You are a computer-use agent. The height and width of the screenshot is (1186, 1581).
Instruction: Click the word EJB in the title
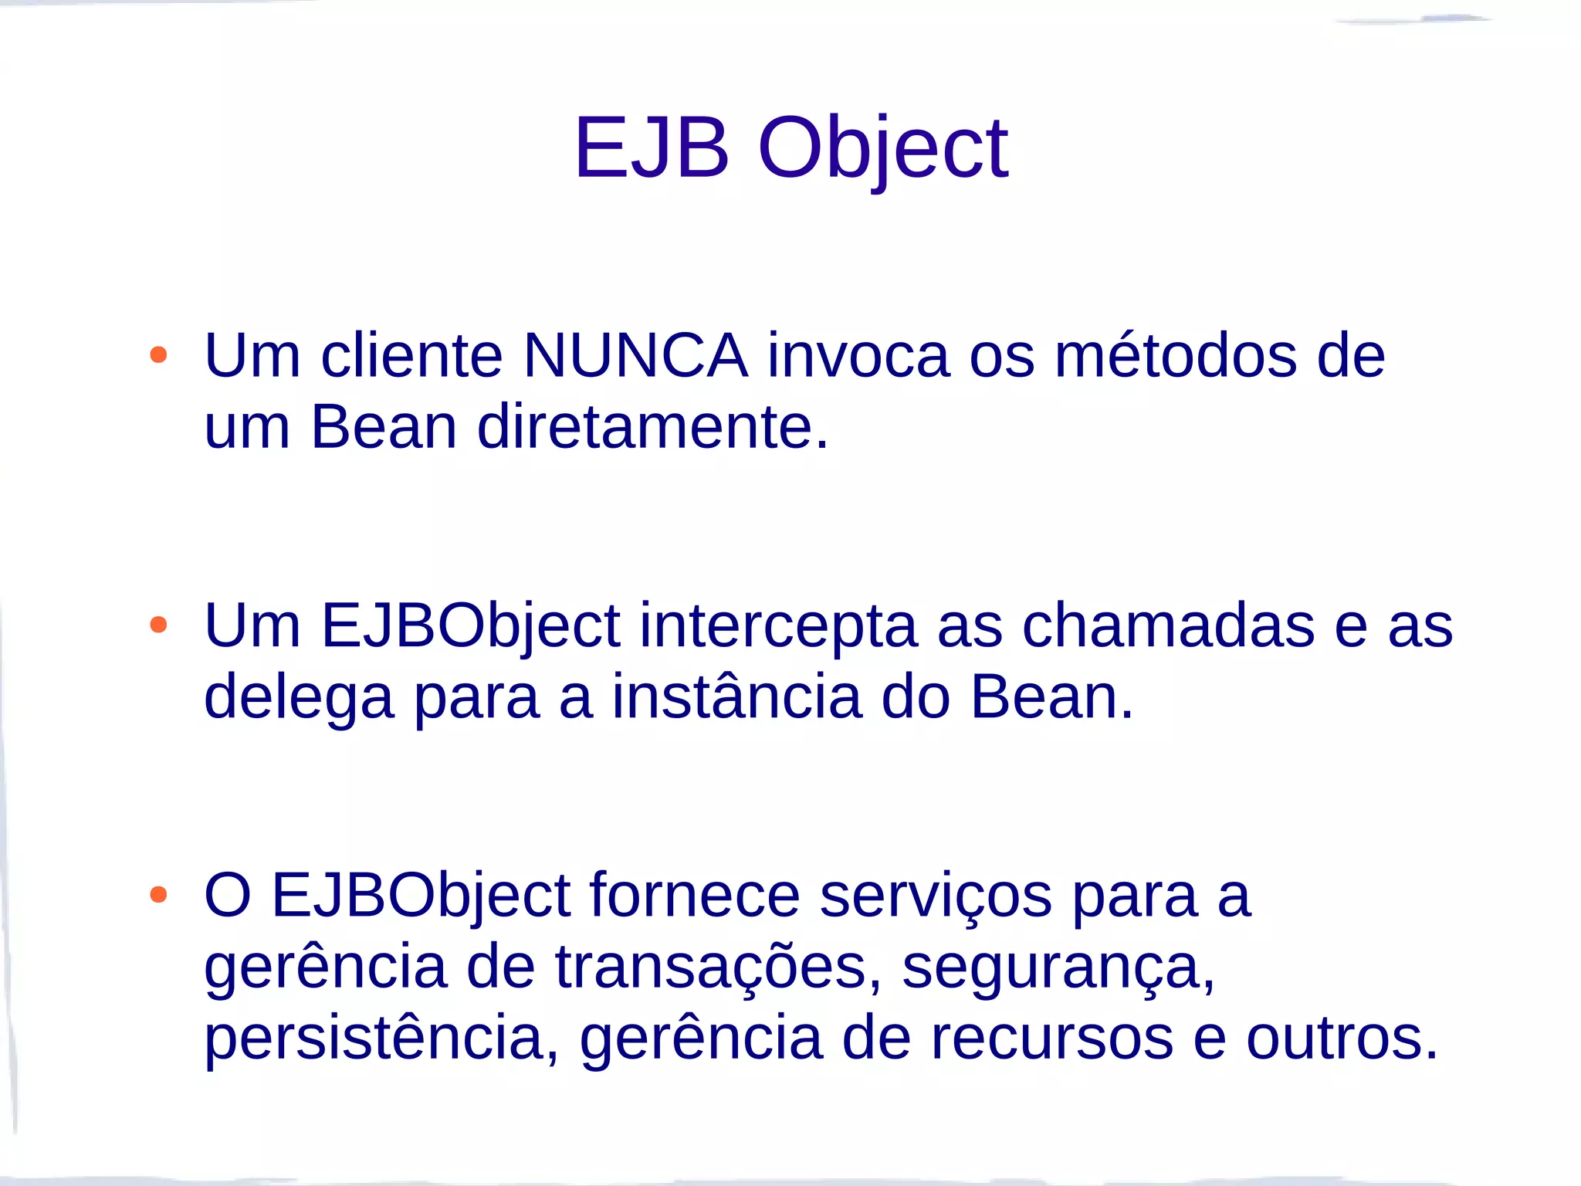(x=652, y=147)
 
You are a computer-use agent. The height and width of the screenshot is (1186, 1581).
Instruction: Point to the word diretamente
(x=652, y=427)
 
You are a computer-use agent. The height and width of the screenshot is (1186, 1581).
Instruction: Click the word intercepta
(x=778, y=625)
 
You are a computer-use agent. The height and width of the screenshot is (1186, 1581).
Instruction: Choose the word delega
(x=299, y=697)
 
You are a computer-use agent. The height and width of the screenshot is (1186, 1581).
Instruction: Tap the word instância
(x=736, y=697)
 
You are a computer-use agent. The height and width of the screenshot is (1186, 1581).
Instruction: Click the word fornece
(x=695, y=896)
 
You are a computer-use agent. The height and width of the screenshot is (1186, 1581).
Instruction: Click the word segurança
(x=1058, y=967)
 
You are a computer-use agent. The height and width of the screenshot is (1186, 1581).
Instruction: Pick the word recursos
(x=1051, y=1039)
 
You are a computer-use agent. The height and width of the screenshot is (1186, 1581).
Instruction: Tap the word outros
(x=1342, y=1039)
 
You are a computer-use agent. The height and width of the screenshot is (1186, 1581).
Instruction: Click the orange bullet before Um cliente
(x=158, y=355)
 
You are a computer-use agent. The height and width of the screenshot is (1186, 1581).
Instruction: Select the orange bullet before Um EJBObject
(x=158, y=625)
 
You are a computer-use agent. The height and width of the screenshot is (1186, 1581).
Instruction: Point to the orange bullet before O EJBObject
(x=158, y=895)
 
